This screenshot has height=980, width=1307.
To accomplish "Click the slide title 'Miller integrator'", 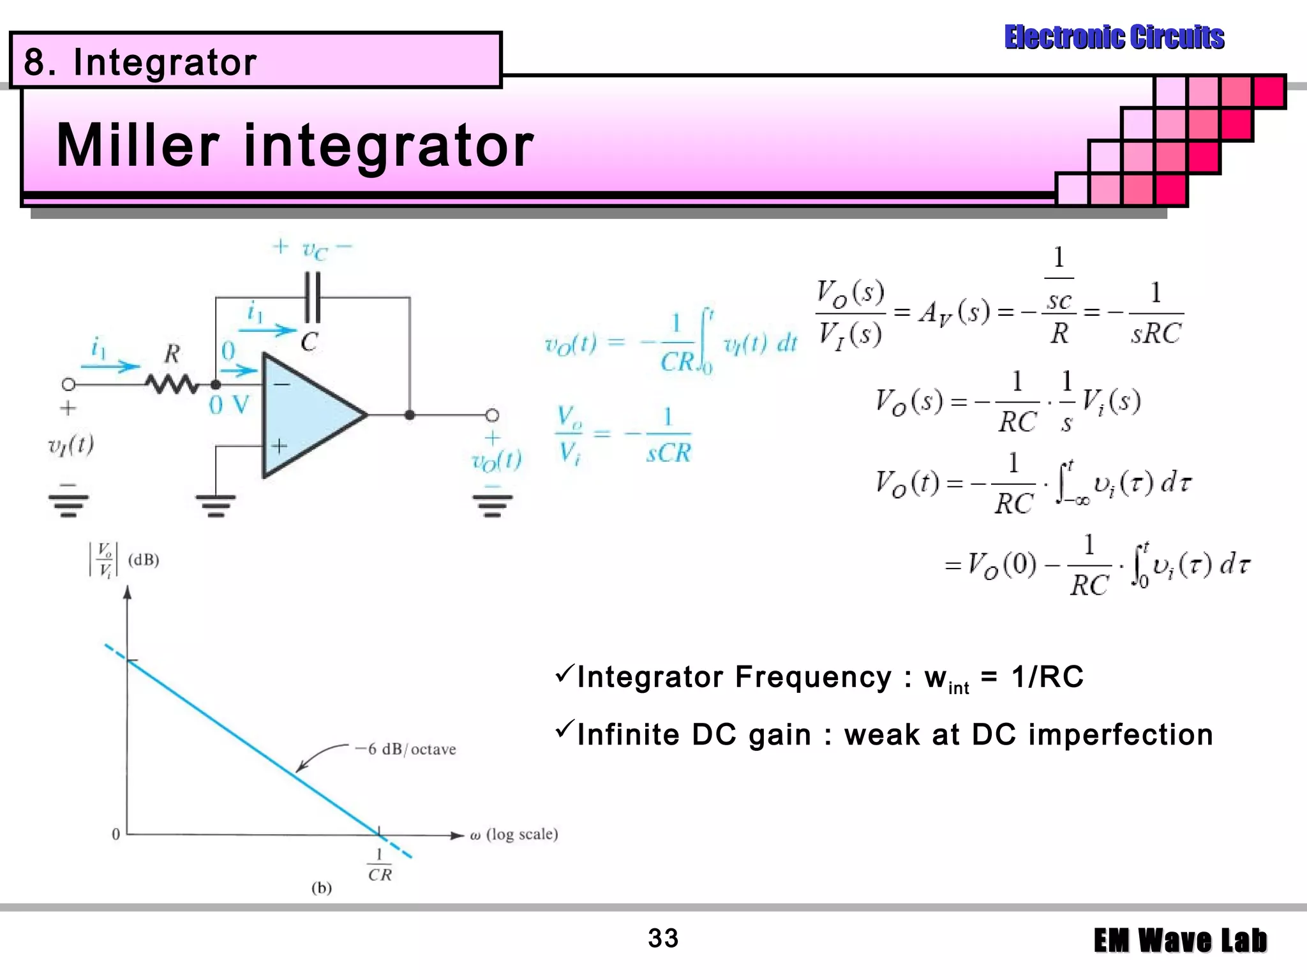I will pos(295,145).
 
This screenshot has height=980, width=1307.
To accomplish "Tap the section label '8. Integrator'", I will pos(140,63).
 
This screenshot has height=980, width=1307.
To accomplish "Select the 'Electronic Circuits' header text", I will pos(1114,37).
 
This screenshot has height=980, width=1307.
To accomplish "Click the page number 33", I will pos(663,939).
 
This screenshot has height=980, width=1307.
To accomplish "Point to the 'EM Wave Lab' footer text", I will pos(1180,940).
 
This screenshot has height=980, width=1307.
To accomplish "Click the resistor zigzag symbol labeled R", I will pos(172,384).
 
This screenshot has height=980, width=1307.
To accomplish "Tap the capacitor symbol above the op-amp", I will pos(313,297).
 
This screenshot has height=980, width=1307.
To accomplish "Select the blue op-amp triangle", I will pos(306,415).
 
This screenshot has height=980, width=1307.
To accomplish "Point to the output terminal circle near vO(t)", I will pos(492,415).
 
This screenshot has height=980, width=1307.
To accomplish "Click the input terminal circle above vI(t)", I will pos(69,384).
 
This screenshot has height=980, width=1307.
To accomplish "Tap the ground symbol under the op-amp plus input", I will pos(216,505).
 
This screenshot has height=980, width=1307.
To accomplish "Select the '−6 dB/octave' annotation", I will pos(406,749).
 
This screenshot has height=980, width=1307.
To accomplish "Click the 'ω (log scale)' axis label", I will pos(514,835).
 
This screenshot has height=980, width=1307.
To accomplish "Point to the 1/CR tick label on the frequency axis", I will pos(380,865).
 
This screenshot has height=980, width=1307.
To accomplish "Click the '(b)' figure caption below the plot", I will pos(321,887).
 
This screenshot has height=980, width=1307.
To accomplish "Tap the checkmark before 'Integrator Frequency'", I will pos(564,673).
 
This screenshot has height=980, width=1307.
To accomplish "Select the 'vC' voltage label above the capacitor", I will pos(315,249).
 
